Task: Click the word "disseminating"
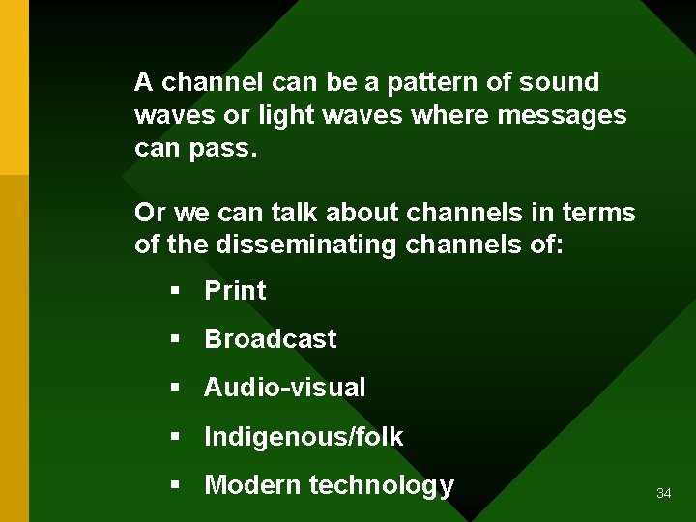(306, 246)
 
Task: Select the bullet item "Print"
(235, 291)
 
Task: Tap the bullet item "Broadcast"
(271, 339)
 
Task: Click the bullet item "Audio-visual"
(285, 388)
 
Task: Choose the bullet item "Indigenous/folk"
(304, 437)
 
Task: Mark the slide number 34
(663, 494)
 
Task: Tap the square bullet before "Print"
(175, 292)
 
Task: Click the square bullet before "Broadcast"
(175, 340)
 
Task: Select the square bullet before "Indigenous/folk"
(175, 438)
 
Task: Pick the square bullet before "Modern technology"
(175, 486)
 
